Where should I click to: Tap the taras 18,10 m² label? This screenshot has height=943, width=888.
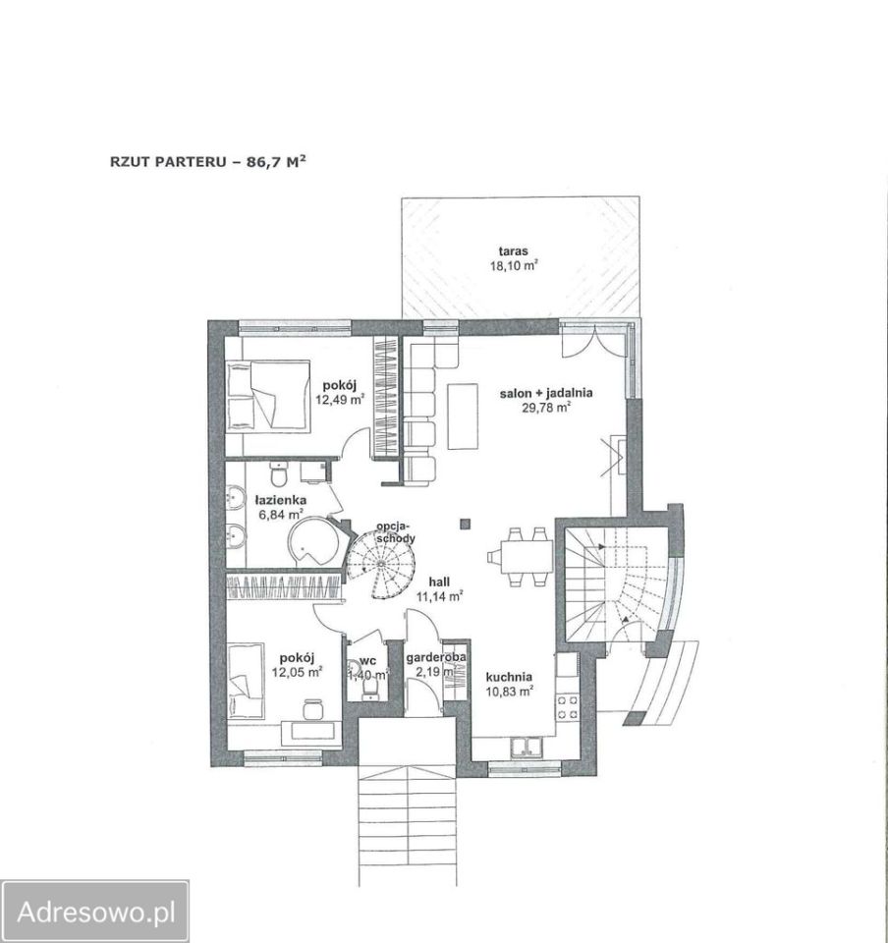(x=514, y=258)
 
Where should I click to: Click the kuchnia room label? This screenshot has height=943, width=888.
(x=509, y=677)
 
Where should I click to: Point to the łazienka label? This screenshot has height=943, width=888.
(x=280, y=500)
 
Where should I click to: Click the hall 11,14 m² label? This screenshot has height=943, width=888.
(x=439, y=589)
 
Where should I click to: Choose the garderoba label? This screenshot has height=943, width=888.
(x=436, y=658)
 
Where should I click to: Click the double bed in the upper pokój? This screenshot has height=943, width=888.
(x=268, y=394)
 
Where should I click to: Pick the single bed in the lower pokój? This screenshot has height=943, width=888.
(x=246, y=681)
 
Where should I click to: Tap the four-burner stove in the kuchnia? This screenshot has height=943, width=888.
(x=568, y=707)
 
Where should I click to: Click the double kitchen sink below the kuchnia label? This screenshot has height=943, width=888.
(x=527, y=747)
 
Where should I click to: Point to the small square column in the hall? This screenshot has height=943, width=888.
(x=465, y=524)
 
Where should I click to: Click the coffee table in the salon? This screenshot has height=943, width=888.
(x=463, y=416)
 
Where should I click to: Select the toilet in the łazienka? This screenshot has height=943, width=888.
(x=278, y=473)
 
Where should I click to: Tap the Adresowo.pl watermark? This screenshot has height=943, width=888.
(x=96, y=913)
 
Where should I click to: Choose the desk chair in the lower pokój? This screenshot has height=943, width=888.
(x=312, y=708)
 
